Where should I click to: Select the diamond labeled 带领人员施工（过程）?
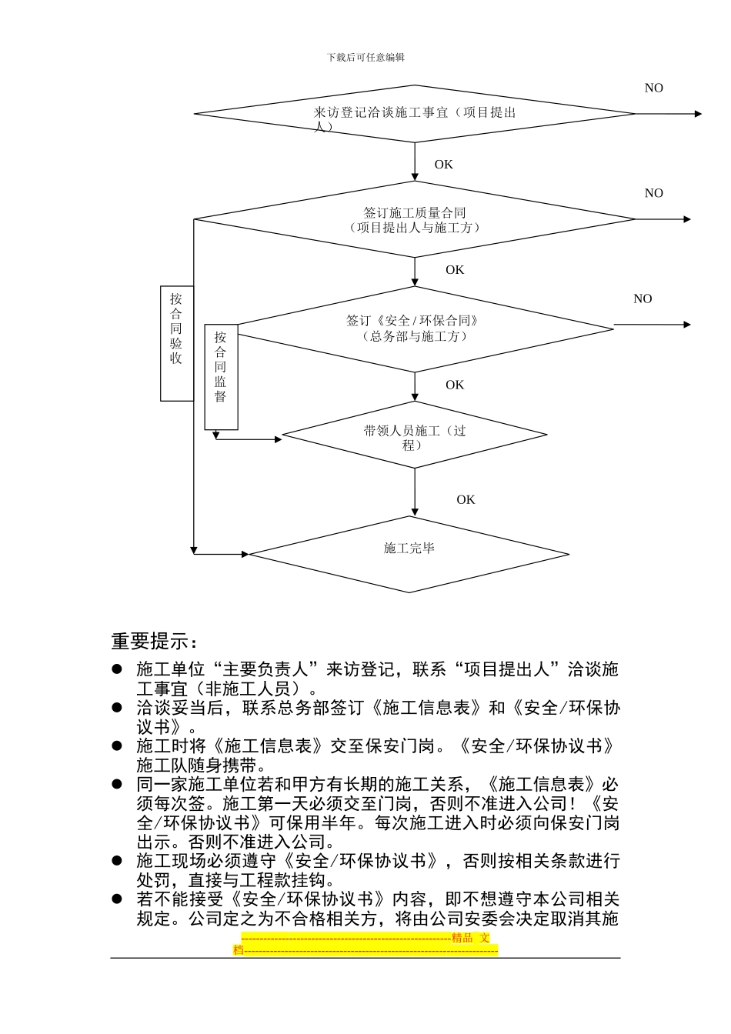pos(415,435)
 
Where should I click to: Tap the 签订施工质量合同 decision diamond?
pos(415,219)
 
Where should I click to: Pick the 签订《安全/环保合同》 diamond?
pos(416,329)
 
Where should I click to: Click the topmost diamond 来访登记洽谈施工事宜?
pos(415,114)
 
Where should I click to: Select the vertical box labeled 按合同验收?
pos(176,343)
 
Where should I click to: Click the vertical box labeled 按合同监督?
pos(221,377)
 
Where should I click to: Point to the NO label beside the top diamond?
pos(653,88)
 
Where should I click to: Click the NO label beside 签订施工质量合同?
pos(653,194)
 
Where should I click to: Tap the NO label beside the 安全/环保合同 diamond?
pos(643,299)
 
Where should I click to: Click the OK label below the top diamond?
pos(444,165)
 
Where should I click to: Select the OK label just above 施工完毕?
pos(466,500)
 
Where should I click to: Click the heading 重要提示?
pos(154,641)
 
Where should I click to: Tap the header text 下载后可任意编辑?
pos(365,58)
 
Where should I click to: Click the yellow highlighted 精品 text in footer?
pos(462,938)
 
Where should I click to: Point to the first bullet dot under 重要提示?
pos(118,669)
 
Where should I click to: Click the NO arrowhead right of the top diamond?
pos(698,114)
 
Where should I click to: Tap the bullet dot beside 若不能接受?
pos(118,899)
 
